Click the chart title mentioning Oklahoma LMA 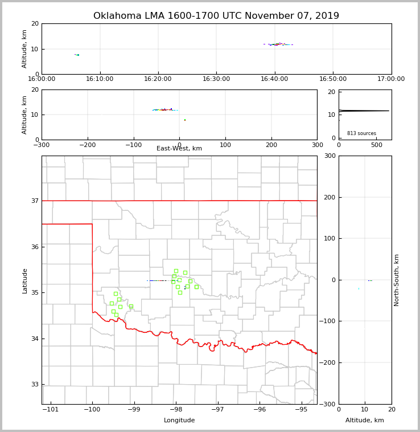coord(216,16)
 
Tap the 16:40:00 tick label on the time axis coord(274,79)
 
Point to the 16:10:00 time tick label coord(100,79)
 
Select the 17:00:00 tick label coord(391,79)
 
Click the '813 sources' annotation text coord(361,133)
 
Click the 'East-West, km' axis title coord(179,149)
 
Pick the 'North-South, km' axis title coord(397,280)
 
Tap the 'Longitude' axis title coord(179,421)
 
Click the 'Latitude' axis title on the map coord(24,280)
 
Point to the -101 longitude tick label coord(51,409)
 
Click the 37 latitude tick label coord(35,201)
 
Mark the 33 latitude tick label coord(35,384)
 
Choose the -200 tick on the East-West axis coord(87,145)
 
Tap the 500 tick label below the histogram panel coord(377,145)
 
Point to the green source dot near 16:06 coord(77,55)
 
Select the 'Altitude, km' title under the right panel coord(365,421)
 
